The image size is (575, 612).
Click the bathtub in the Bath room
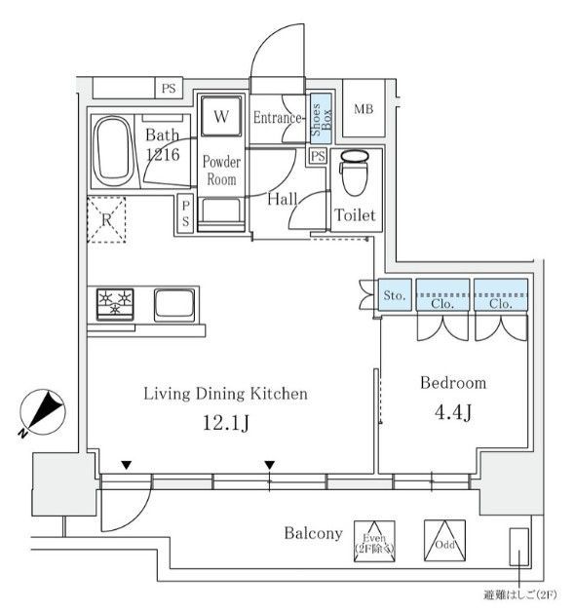114,151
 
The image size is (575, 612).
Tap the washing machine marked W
221,116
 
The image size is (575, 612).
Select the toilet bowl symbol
355,172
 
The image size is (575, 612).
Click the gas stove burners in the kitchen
115,304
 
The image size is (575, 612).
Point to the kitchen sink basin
174,305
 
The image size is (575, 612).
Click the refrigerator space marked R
106,219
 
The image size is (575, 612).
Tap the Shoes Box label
322,119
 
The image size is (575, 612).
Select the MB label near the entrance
364,109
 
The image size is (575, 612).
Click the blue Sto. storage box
395,294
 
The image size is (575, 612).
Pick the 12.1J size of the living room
226,423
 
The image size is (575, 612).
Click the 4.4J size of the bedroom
453,412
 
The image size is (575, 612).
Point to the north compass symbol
43,412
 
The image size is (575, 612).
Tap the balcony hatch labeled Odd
445,541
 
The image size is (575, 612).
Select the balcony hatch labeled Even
374,542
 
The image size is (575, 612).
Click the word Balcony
313,533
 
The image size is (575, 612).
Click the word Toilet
355,215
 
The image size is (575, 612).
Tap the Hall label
283,200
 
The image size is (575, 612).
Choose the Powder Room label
221,171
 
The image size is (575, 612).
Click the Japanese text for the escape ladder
520,595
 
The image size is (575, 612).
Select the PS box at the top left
169,89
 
